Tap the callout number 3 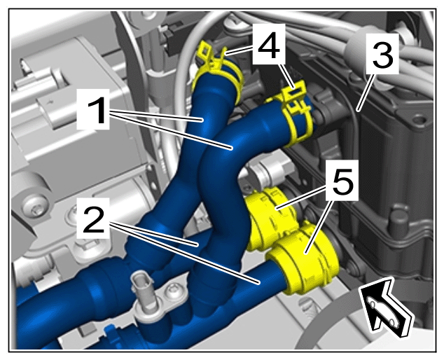click(x=383, y=54)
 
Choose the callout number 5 click(x=342, y=181)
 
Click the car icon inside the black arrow click(x=382, y=312)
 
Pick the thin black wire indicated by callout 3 click(x=354, y=136)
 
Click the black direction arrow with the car click(x=386, y=307)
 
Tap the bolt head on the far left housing click(x=36, y=210)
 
